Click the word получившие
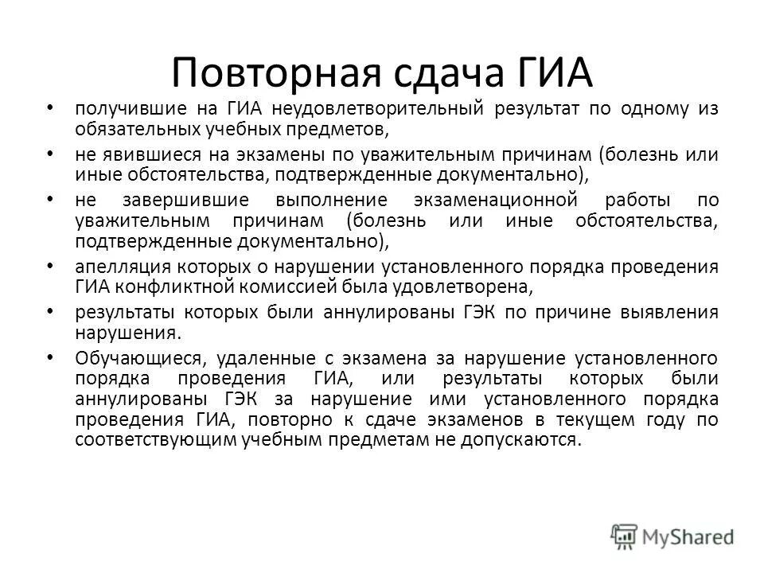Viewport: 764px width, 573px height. click(126, 107)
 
